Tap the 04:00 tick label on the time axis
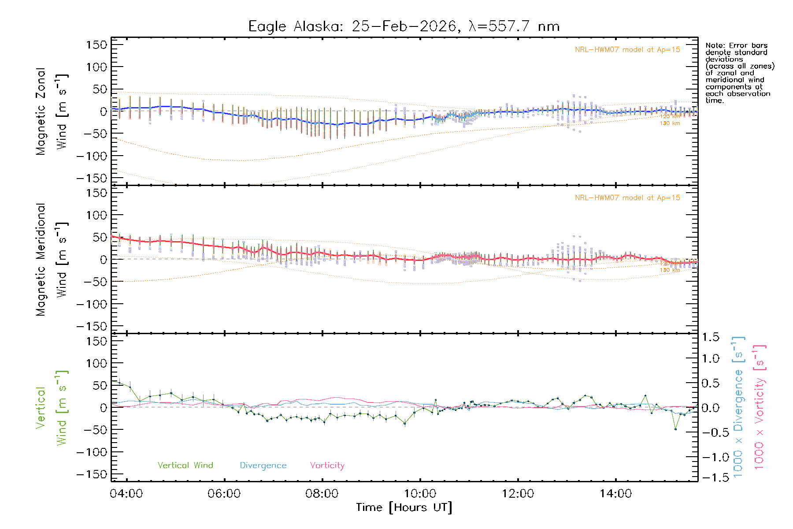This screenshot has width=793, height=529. pyautogui.click(x=126, y=493)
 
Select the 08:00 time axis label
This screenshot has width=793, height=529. pyautogui.click(x=322, y=493)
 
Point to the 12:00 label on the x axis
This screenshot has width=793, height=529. pyautogui.click(x=518, y=493)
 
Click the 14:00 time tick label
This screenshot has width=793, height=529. pyautogui.click(x=615, y=493)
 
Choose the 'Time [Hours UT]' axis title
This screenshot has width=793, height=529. pyautogui.click(x=404, y=507)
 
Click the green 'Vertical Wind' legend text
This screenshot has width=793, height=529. pyautogui.click(x=185, y=465)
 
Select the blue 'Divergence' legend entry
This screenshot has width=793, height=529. pyautogui.click(x=263, y=465)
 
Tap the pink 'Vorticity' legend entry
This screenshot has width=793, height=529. pyautogui.click(x=327, y=465)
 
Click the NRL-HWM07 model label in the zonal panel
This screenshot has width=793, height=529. pyautogui.click(x=627, y=50)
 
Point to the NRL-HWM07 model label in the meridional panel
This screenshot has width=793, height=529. pyautogui.click(x=627, y=198)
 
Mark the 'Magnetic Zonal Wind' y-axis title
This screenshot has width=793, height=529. pyautogui.click(x=52, y=112)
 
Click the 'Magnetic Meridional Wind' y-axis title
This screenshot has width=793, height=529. pyautogui.click(x=52, y=260)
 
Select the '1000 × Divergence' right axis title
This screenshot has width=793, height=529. pyautogui.click(x=738, y=407)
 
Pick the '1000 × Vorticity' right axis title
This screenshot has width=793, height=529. pyautogui.click(x=759, y=407)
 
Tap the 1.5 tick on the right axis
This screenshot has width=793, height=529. pyautogui.click(x=710, y=337)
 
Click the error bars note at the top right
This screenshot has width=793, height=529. pyautogui.click(x=740, y=73)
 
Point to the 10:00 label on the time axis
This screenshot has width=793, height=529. pyautogui.click(x=420, y=493)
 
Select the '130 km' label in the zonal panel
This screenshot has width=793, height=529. pyautogui.click(x=670, y=123)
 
